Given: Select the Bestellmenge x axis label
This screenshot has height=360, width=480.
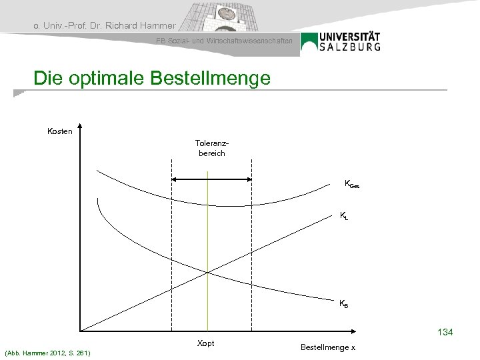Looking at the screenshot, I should [x=328, y=347].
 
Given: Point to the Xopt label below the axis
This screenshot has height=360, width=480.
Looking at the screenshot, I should [x=206, y=343].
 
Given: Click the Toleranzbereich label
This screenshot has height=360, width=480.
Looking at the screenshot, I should [x=211, y=148].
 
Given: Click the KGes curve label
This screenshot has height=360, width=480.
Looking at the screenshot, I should [x=351, y=183].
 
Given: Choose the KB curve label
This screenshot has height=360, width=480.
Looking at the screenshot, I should [x=343, y=304].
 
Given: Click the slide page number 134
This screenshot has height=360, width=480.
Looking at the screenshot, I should [x=445, y=331].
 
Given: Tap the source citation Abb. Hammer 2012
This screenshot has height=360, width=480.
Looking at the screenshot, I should [x=47, y=352].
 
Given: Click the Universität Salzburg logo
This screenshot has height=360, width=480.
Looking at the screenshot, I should [x=341, y=42].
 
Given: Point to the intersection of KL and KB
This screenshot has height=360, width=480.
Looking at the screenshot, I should [x=208, y=271].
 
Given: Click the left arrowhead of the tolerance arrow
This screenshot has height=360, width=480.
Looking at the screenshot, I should [x=175, y=179].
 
